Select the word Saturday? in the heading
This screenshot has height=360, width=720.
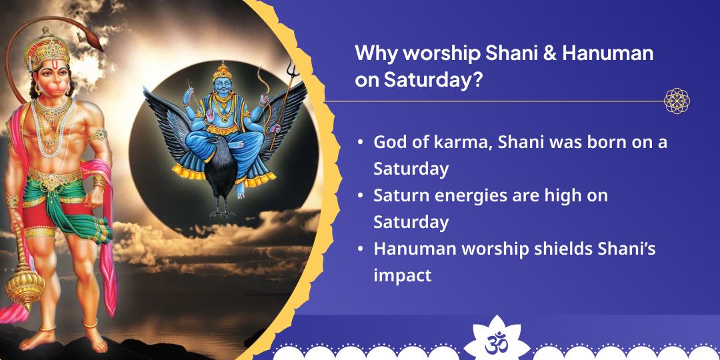click(x=433, y=80)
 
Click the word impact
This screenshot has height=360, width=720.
click(x=402, y=276)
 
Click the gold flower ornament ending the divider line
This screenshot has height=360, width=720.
click(x=677, y=101)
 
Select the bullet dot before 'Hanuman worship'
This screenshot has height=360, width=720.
click(x=361, y=249)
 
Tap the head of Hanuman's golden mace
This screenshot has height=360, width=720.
click(x=25, y=285)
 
